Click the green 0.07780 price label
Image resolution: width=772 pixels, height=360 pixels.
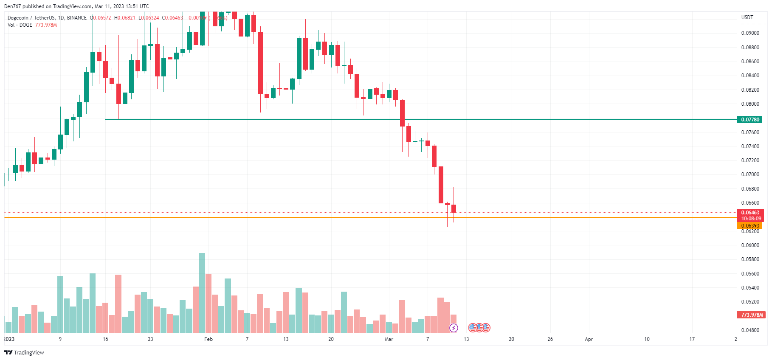click(x=750, y=120)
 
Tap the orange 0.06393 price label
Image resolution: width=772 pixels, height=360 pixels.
click(x=750, y=226)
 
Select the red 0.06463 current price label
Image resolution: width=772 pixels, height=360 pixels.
click(x=750, y=213)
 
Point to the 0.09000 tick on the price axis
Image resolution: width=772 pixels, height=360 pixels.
click(x=750, y=33)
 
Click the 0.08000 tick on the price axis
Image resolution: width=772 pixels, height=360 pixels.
click(x=750, y=104)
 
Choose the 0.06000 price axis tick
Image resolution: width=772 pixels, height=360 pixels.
click(x=750, y=245)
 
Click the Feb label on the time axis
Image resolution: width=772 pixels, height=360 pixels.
click(x=208, y=339)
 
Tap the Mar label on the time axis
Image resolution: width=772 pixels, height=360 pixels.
click(x=389, y=339)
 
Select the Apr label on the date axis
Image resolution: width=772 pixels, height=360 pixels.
click(x=589, y=339)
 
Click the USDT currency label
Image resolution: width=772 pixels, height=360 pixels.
click(x=747, y=17)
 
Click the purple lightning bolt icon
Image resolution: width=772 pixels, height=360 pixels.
click(x=454, y=328)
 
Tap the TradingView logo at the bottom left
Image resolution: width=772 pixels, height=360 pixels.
click(x=24, y=352)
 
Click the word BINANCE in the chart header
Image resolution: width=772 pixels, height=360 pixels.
click(x=76, y=18)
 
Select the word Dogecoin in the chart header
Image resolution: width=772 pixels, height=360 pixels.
click(x=18, y=18)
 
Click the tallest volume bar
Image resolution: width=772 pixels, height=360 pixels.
click(x=202, y=293)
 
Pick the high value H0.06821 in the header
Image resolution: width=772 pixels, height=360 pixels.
click(x=124, y=18)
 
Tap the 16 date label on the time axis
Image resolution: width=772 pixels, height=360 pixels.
click(x=105, y=339)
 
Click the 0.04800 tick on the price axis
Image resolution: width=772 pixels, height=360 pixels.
click(x=750, y=330)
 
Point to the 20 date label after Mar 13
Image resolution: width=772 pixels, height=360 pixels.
click(x=511, y=339)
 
